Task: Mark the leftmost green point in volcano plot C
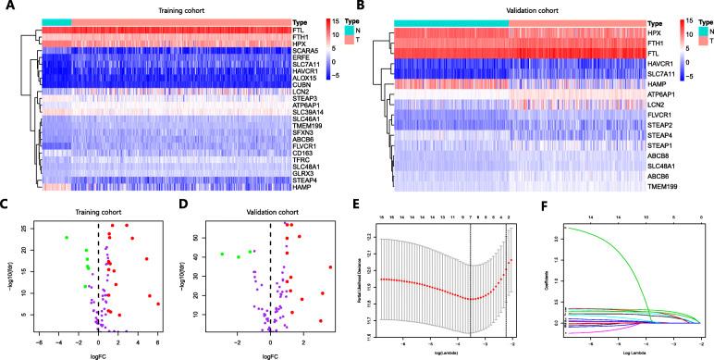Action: [x=67, y=238]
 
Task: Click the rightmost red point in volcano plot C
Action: [x=158, y=304]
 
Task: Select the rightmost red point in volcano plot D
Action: [x=330, y=268]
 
